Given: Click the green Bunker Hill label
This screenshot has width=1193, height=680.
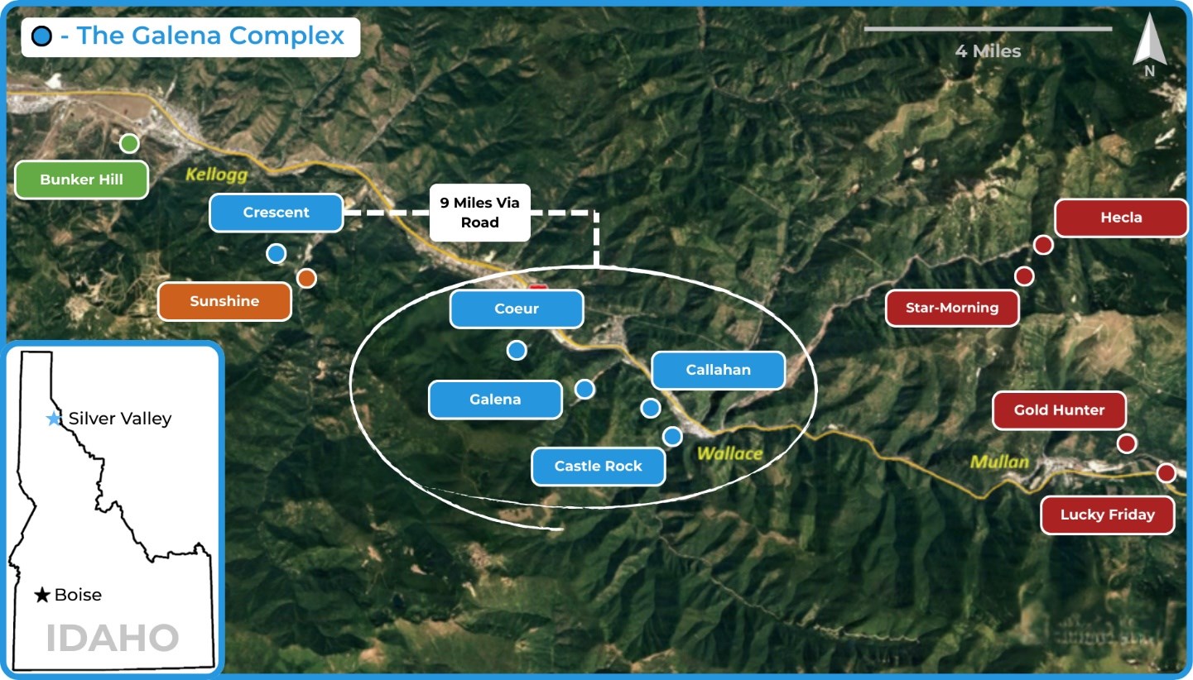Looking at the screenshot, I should click(x=81, y=180).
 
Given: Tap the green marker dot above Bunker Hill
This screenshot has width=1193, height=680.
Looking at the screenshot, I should click(x=128, y=144).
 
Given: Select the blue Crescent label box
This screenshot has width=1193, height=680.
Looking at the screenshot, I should click(x=276, y=213).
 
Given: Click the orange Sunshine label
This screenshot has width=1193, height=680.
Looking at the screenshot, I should click(x=224, y=301).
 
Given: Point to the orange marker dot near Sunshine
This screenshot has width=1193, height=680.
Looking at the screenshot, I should click(x=306, y=278).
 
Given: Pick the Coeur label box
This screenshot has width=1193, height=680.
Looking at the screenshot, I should click(x=517, y=309).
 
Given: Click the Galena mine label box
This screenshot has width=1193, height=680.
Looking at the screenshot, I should click(x=495, y=400).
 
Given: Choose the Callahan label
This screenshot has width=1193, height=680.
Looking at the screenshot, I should click(x=718, y=370).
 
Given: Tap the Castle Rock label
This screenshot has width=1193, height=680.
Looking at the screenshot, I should click(x=598, y=466).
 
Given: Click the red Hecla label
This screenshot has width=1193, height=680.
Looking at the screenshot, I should click(x=1121, y=218).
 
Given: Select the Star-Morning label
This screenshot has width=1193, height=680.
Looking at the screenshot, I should click(x=951, y=308).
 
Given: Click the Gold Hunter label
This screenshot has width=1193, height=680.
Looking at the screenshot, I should click(x=1059, y=409).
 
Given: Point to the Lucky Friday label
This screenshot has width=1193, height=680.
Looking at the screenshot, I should click(x=1107, y=515).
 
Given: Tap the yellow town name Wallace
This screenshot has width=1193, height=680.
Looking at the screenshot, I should click(x=729, y=453).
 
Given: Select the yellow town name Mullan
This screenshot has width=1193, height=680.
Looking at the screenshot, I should click(x=999, y=462).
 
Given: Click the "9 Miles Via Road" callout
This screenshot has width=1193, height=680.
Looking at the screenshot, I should click(x=480, y=213).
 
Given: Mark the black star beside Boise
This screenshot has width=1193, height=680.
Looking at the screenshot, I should click(x=42, y=595).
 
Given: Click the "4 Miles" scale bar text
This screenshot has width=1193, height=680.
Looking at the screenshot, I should click(x=988, y=51).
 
